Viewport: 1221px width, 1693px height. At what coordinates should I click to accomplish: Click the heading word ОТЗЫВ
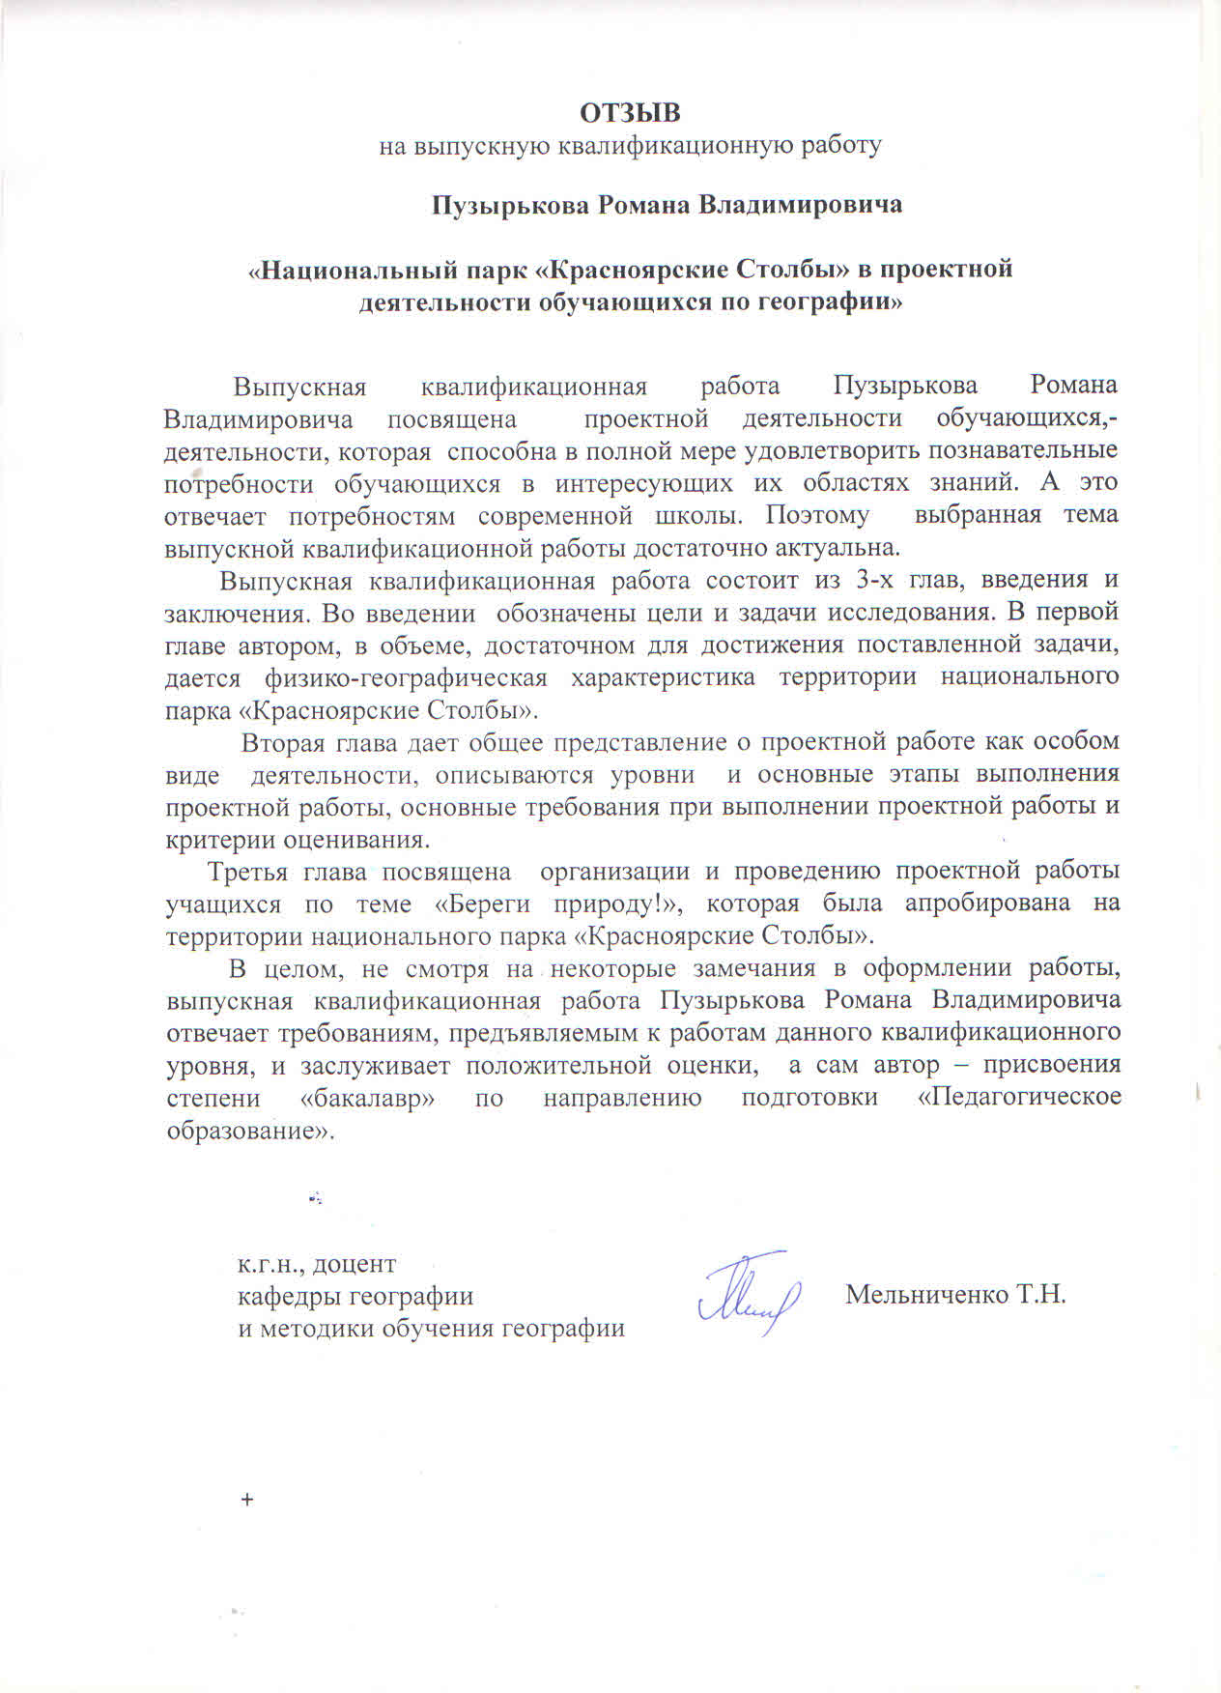coord(630,113)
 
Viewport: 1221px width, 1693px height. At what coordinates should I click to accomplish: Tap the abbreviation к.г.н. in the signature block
coord(268,1264)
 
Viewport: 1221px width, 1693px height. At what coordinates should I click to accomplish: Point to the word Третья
coord(248,871)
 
